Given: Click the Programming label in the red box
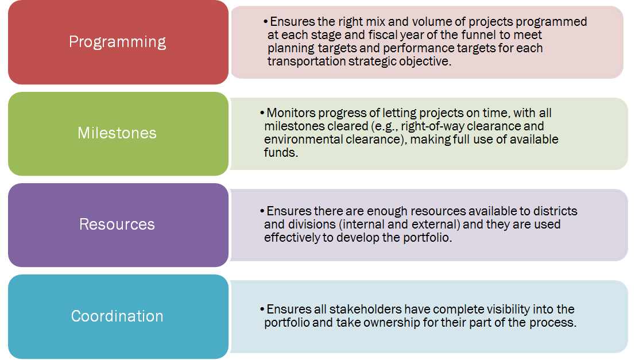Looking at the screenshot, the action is pos(118,42).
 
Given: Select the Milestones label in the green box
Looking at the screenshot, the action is pos(117,133).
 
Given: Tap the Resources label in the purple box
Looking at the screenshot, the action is pos(117,224).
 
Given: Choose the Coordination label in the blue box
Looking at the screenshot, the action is pos(117,316).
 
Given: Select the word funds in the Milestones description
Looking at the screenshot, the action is pos(280,153).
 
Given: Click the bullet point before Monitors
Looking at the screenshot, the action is pos(262,113).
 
